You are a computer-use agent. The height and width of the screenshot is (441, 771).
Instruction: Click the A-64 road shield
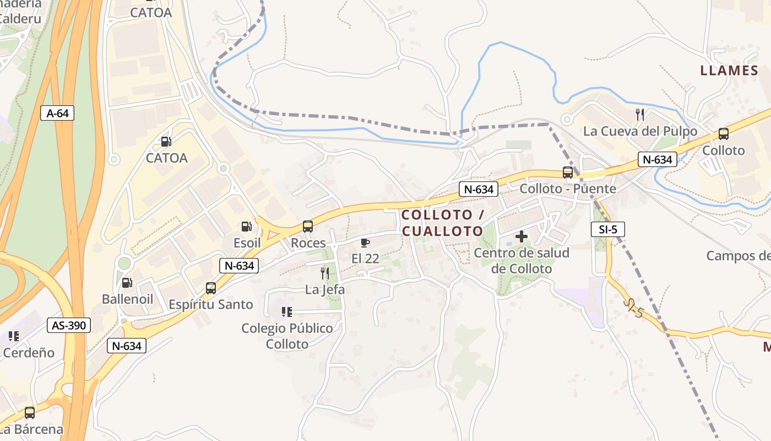click(x=57, y=114)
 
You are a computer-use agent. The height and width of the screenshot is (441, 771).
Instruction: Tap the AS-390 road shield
click(x=69, y=325)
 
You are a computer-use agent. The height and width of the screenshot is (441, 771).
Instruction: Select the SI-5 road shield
click(x=608, y=229)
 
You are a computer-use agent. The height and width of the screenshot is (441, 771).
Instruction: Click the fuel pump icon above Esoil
click(x=246, y=227)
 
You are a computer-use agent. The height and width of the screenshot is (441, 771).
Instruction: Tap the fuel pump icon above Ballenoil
click(x=127, y=283)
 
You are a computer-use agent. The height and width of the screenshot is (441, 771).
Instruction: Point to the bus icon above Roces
click(x=308, y=227)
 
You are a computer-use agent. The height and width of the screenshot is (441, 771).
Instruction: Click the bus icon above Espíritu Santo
click(x=210, y=288)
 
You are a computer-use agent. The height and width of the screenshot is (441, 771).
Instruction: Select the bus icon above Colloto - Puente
click(x=568, y=173)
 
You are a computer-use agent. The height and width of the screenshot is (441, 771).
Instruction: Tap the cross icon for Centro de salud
click(x=521, y=237)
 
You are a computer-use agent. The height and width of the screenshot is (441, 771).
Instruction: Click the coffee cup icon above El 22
click(x=365, y=243)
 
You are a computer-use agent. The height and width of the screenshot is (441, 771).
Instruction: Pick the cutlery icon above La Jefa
click(x=325, y=273)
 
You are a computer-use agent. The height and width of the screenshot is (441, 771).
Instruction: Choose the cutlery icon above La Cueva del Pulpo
click(x=640, y=115)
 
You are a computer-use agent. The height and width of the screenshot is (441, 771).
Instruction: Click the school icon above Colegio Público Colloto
click(x=287, y=313)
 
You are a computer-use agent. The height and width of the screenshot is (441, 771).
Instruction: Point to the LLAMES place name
click(x=729, y=71)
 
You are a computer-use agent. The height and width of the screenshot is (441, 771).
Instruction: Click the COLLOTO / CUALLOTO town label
click(x=443, y=223)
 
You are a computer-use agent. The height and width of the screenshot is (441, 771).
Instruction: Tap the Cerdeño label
click(x=29, y=352)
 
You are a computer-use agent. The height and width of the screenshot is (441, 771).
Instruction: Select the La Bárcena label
click(x=31, y=428)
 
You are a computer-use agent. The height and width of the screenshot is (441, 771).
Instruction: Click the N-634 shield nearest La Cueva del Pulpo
click(x=658, y=160)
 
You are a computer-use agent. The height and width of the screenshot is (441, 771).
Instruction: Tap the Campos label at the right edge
click(x=739, y=256)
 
